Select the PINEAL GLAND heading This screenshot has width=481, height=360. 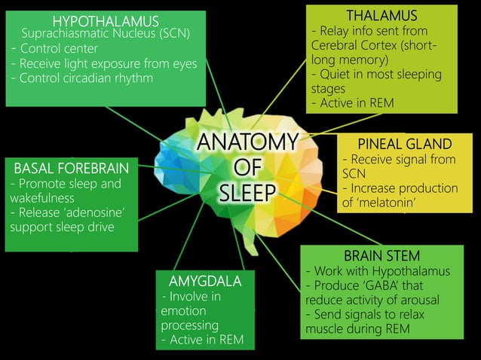click(x=405, y=144)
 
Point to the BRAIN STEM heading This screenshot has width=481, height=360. click(x=381, y=256)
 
